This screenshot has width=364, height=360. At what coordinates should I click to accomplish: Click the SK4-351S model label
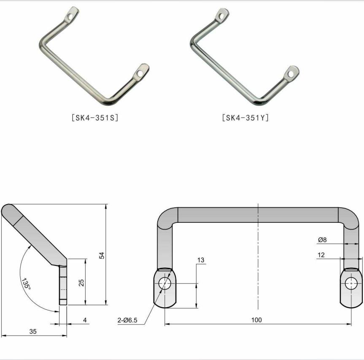tap(95, 117)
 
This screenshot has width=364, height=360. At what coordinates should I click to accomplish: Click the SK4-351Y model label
tap(245, 117)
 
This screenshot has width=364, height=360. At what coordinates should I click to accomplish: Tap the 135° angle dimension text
tap(27, 283)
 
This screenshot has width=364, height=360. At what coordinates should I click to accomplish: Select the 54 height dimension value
tap(101, 255)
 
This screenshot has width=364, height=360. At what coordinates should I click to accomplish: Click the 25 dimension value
tap(81, 282)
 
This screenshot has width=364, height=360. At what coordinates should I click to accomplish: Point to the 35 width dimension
tap(33, 331)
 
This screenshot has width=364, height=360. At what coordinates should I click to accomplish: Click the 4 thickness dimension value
tap(84, 320)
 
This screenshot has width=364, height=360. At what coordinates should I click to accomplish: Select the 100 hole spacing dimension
tap(256, 320)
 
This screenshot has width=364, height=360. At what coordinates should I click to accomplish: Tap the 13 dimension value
tap(201, 260)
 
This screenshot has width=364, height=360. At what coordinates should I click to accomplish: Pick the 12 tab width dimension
tap(322, 255)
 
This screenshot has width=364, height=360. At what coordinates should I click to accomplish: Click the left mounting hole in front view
tap(165, 283)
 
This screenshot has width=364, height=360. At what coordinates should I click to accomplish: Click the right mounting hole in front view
tap(351, 283)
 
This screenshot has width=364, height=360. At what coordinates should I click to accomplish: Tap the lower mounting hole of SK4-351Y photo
tap(290, 74)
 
